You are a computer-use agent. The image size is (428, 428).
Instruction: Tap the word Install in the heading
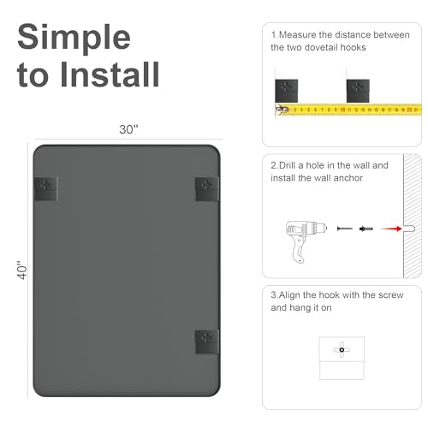tap(110, 74)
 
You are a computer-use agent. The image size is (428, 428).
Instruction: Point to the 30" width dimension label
tap(128, 129)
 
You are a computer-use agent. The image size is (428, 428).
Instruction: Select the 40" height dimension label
tap(22, 270)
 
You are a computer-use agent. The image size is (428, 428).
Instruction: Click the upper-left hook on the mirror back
tap(46, 188)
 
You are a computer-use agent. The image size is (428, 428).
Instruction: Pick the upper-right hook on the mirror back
tap(207, 189)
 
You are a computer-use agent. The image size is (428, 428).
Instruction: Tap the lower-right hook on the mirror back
tap(207, 342)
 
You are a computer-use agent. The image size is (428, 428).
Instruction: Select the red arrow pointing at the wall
tap(391, 229)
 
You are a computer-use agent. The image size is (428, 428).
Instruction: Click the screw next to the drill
tap(345, 229)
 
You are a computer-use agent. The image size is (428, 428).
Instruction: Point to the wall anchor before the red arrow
tap(366, 229)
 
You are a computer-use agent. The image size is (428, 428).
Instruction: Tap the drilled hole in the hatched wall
tap(408, 229)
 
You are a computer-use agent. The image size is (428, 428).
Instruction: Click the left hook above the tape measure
tap(287, 91)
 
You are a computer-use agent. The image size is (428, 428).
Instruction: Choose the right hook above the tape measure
tap(358, 91)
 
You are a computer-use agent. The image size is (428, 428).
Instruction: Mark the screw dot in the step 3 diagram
tap(342, 350)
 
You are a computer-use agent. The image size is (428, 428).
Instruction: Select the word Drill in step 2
tap(287, 165)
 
